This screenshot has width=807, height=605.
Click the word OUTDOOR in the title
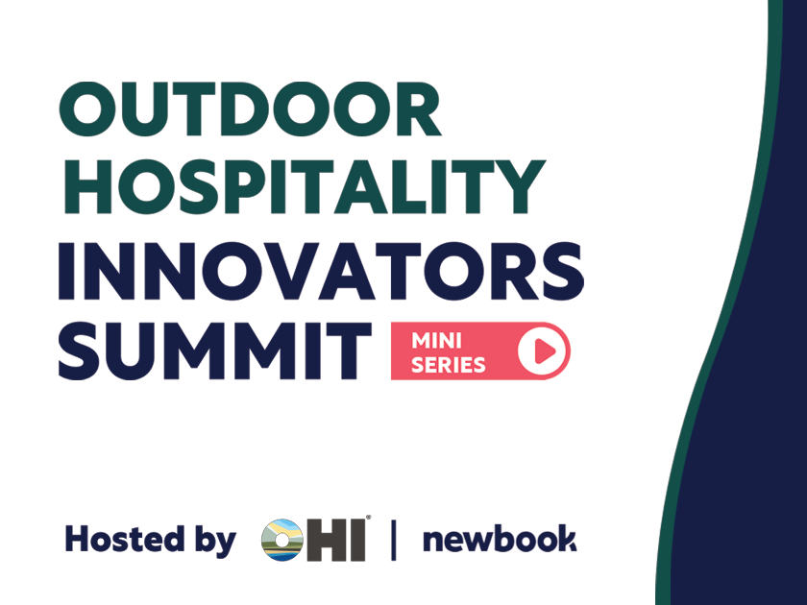click(x=250, y=109)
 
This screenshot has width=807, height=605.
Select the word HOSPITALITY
click(x=304, y=186)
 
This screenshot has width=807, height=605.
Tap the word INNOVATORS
click(x=321, y=271)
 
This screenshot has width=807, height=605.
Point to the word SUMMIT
click(x=215, y=351)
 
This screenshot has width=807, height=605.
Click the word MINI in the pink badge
click(x=436, y=341)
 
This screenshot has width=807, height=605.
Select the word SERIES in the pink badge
click(x=449, y=365)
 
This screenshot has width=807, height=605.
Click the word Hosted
click(x=125, y=539)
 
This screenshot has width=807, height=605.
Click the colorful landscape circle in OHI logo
click(x=282, y=540)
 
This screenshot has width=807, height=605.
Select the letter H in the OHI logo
click(x=329, y=540)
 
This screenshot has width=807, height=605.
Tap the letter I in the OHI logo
click(x=359, y=540)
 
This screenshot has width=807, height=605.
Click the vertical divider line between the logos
click(x=394, y=540)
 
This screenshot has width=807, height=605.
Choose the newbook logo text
click(x=500, y=539)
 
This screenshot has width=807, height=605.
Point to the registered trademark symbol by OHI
click(x=368, y=518)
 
